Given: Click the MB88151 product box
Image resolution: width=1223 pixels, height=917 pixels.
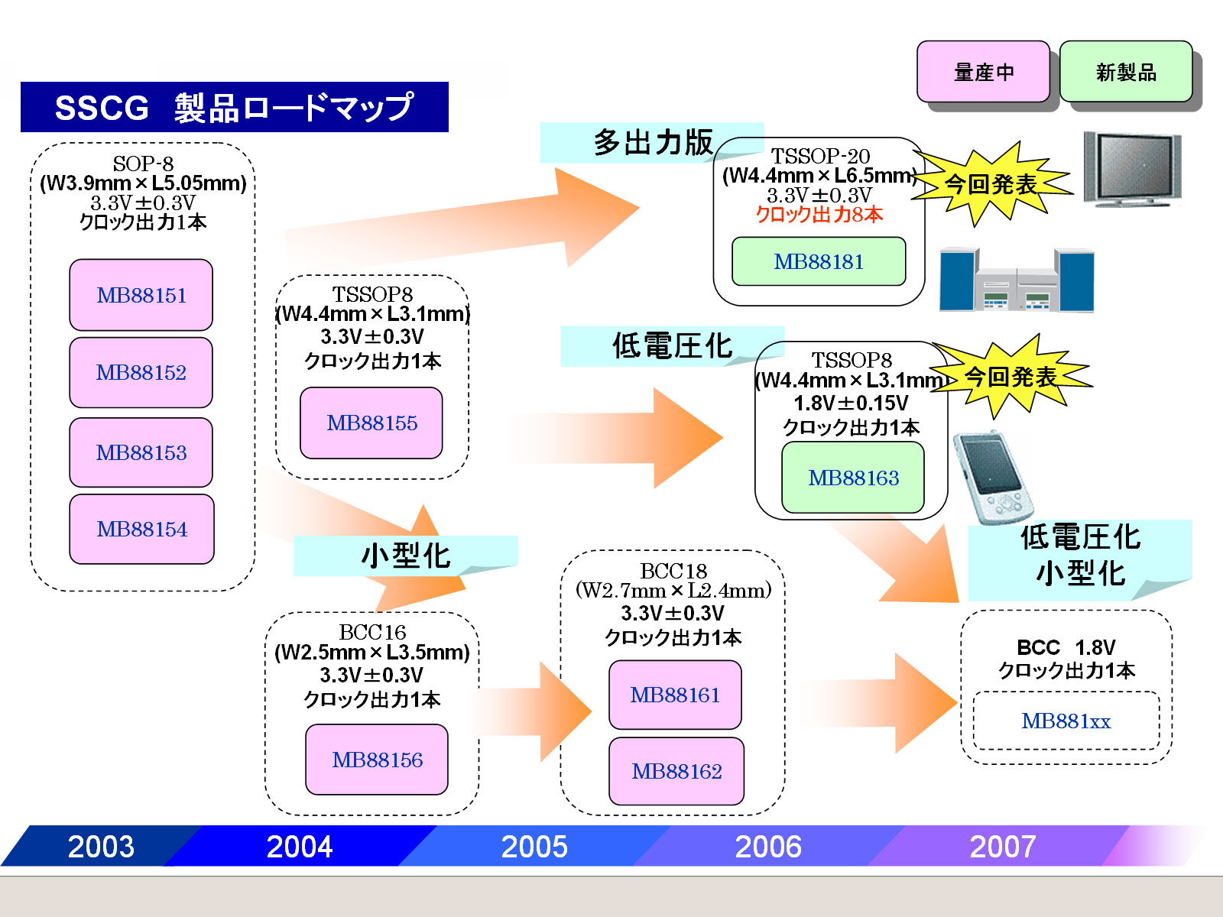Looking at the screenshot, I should point(141,295).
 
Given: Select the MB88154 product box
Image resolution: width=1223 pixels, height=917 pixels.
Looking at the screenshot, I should point(141,529).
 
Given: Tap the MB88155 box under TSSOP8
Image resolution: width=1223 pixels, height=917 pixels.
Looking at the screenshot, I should point(371,423).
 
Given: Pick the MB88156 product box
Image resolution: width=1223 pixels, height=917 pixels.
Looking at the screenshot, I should point(377,760).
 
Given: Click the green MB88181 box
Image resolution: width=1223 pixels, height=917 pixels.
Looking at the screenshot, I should point(819,261).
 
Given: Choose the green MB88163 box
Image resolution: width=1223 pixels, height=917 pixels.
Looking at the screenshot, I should point(853,478).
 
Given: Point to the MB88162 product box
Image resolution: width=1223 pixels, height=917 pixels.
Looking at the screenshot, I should point(676,771).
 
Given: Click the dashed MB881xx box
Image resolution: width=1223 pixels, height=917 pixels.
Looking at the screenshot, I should point(1066,721).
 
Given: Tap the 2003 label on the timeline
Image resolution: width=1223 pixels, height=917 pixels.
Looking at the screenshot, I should point(101,846).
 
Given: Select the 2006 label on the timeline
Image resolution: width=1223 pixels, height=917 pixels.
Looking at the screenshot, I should point(768,846).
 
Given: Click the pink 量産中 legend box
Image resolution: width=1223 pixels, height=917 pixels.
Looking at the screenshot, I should point(984,72).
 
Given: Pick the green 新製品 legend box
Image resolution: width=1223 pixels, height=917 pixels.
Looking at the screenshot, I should point(1126,72).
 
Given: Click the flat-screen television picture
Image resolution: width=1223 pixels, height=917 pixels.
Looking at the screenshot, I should point(1132,169).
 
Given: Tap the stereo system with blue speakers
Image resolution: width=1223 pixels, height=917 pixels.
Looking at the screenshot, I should point(1017,280).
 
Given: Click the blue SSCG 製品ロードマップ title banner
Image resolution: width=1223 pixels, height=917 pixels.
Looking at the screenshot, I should point(234,107).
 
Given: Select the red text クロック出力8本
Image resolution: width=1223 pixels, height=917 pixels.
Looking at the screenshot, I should point(819,215).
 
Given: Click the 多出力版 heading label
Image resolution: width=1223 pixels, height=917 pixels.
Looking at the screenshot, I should point(652,142).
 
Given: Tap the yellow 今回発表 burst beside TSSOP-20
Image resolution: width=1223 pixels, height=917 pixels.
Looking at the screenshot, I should point(991,184).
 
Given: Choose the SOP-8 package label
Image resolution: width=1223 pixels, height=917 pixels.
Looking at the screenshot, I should point(143,164).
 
